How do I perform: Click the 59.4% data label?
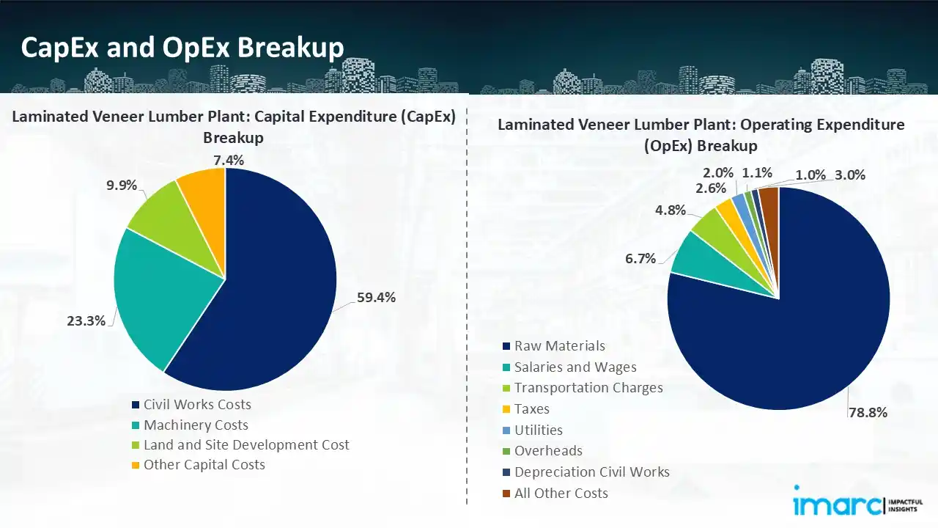pos(377,297)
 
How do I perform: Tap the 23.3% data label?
pos(86,320)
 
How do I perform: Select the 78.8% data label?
pos(868,412)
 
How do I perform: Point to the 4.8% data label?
pos(670,210)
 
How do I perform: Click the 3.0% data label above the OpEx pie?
pos(850,175)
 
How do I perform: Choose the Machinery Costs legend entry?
pos(196,425)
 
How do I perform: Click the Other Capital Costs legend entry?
pos(204,465)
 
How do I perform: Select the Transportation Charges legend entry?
pos(588,388)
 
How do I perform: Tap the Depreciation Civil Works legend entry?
pos(591,472)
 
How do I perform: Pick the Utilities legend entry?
pos(538,430)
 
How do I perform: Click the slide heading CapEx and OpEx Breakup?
pos(182,48)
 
